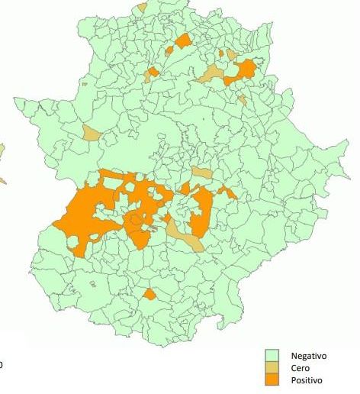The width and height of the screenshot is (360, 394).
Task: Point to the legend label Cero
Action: point(299,368)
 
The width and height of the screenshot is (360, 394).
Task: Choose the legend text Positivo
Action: point(307,380)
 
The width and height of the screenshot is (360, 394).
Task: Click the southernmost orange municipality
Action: point(149,294)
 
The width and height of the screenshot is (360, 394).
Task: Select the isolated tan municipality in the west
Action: point(92,134)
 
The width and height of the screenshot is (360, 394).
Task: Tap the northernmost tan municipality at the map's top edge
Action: point(143,7)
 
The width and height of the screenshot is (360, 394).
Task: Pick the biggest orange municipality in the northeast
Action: point(246,70)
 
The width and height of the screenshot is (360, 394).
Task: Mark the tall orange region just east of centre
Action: point(202,210)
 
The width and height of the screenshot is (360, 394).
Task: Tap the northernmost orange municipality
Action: point(182,40)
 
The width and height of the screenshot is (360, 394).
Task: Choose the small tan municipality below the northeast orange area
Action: point(242,98)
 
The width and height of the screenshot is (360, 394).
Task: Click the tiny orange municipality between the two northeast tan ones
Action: point(221,54)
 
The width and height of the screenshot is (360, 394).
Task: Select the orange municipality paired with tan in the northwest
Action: point(153,73)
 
